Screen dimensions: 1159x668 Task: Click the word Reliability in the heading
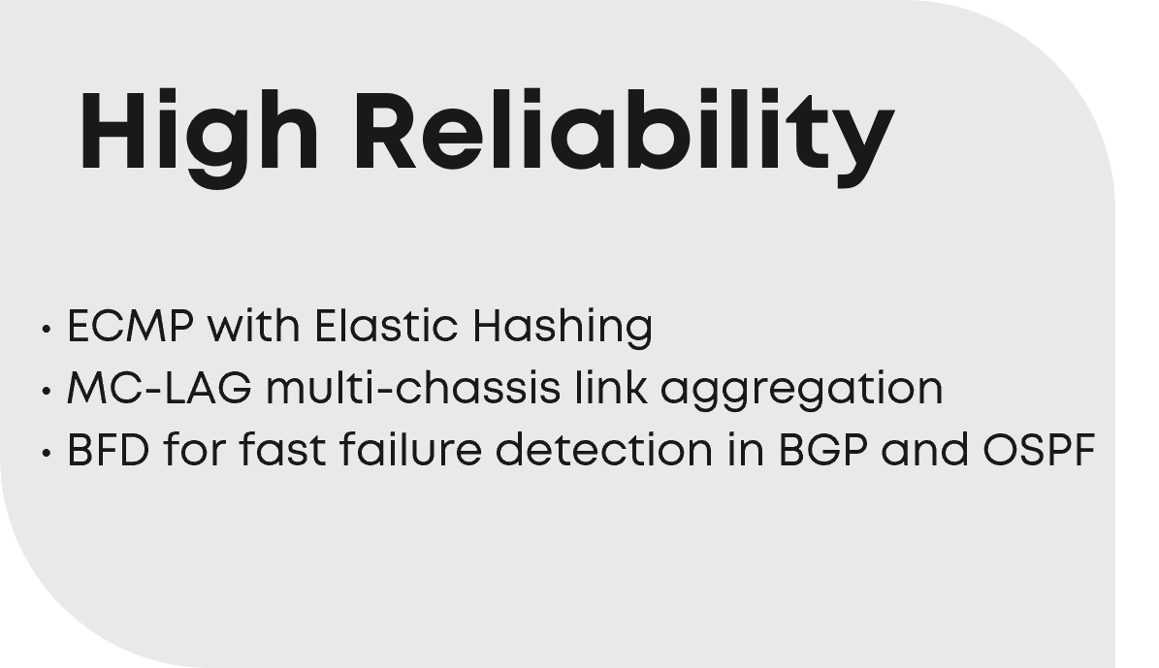(625, 136)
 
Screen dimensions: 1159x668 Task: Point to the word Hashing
(563, 328)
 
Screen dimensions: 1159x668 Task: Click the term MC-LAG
(159, 387)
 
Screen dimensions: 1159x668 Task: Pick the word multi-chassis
(412, 387)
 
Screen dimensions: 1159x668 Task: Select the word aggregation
(801, 390)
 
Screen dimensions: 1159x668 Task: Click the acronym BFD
(109, 450)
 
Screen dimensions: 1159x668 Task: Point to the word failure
(410, 449)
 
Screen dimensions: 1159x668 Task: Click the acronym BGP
(822, 450)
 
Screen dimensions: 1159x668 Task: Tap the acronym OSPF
(1039, 450)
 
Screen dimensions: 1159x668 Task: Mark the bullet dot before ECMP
(47, 328)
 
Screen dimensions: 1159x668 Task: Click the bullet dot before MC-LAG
(47, 390)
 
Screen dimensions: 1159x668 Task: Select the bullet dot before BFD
(47, 452)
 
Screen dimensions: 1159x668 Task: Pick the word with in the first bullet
(253, 325)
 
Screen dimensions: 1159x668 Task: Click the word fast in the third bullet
(282, 449)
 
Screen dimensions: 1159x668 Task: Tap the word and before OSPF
(924, 449)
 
